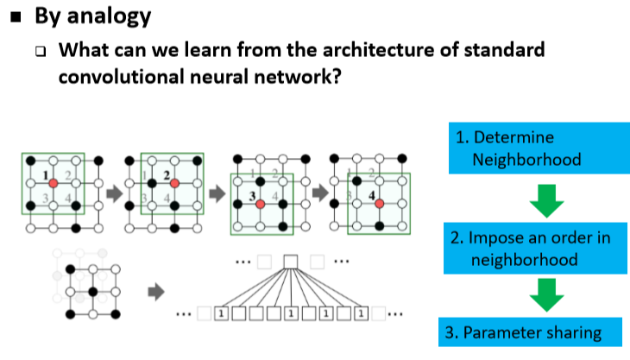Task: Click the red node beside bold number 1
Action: click(x=54, y=184)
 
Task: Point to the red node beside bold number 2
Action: click(x=174, y=184)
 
